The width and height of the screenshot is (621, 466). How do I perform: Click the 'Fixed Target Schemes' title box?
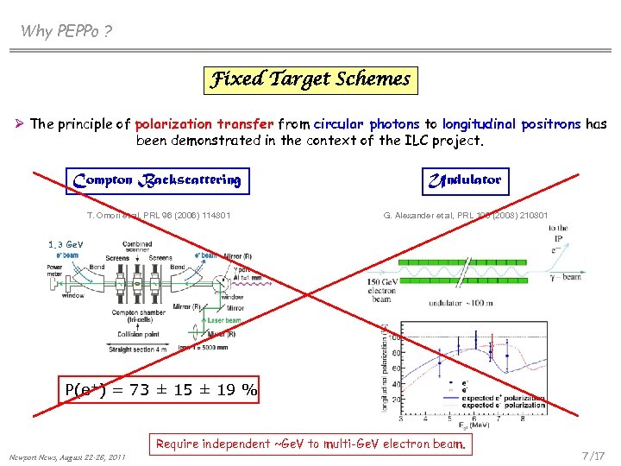tap(310, 80)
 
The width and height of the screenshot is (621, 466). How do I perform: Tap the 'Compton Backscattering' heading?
tap(157, 180)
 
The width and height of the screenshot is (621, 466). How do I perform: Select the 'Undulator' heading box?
tap(464, 180)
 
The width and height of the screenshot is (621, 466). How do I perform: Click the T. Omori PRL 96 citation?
tap(159, 215)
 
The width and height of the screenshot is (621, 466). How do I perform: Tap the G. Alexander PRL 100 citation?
tap(466, 215)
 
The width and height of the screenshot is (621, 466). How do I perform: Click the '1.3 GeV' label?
tap(66, 245)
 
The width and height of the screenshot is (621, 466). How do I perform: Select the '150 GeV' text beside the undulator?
tap(381, 282)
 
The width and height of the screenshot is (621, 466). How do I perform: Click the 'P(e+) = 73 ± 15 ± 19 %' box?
tap(160, 390)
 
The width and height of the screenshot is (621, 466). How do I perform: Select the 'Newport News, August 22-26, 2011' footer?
tap(68, 457)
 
